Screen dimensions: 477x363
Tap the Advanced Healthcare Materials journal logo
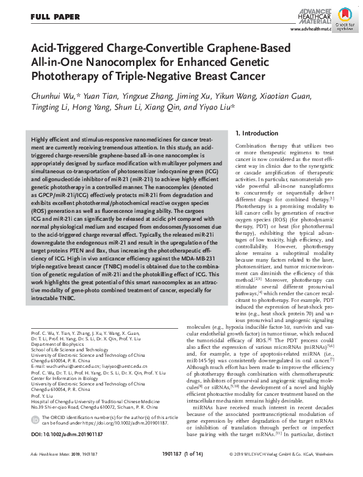point(309,14)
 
